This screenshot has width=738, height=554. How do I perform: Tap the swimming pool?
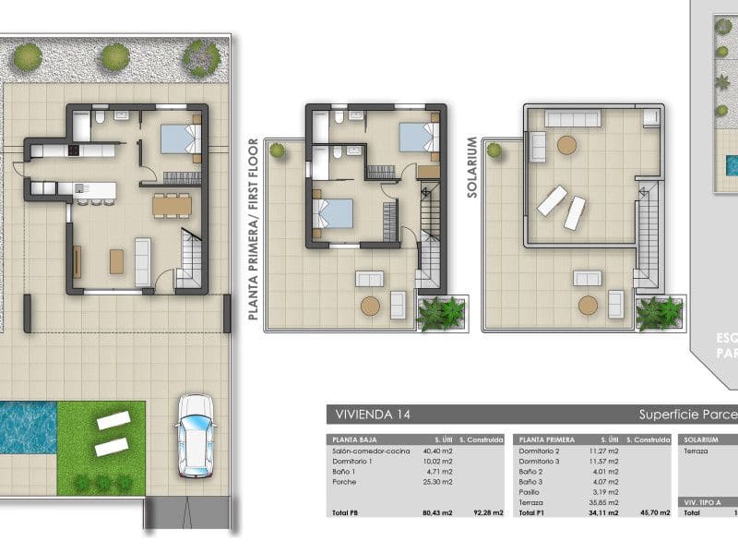click(28, 428)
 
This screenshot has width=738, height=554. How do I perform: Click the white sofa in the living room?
click(143, 261)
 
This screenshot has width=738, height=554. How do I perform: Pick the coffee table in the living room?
click(116, 261)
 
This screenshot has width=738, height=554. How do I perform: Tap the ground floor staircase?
click(191, 260)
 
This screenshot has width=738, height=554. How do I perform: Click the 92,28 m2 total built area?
click(487, 512)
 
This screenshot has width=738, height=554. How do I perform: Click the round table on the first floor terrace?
click(370, 307)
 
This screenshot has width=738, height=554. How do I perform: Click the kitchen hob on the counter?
click(72, 149)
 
